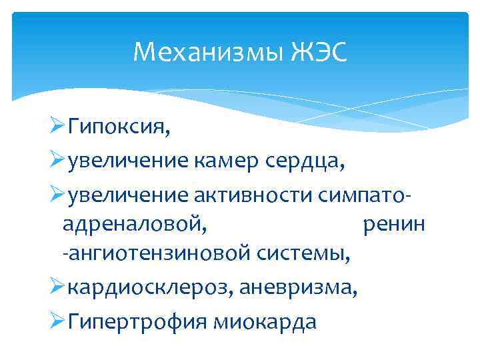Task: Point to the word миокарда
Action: point(266,323)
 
